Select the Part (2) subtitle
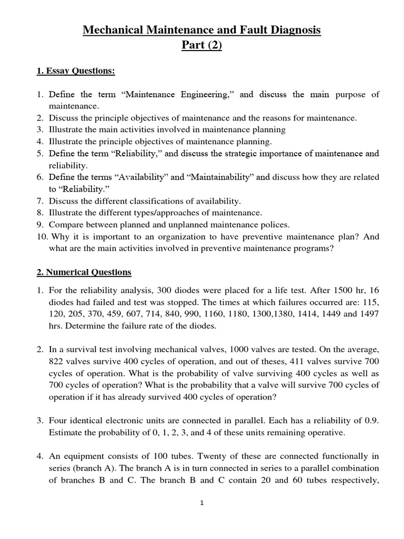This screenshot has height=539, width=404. [202, 46]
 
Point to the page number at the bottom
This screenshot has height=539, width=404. [202, 503]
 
